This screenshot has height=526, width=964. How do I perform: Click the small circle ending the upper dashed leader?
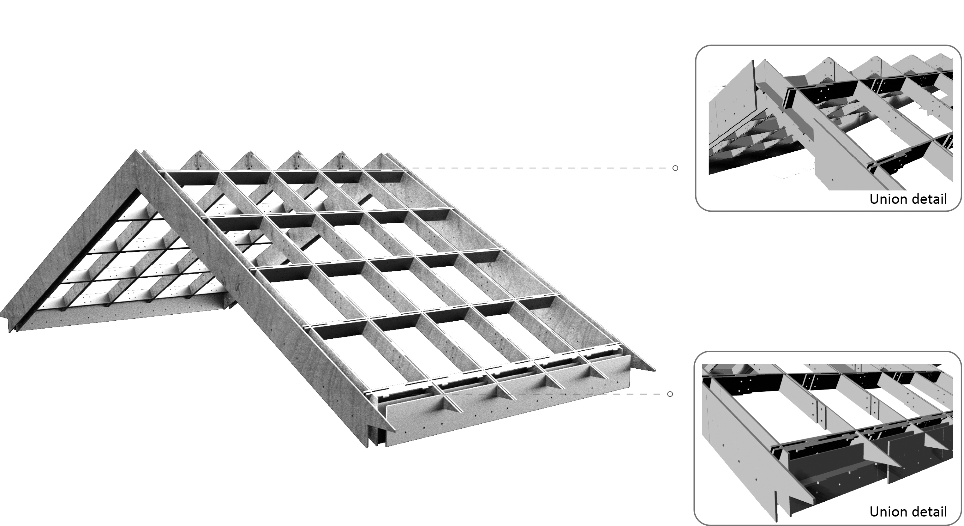[x=675, y=168]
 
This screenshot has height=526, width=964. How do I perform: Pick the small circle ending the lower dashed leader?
[x=670, y=394]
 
